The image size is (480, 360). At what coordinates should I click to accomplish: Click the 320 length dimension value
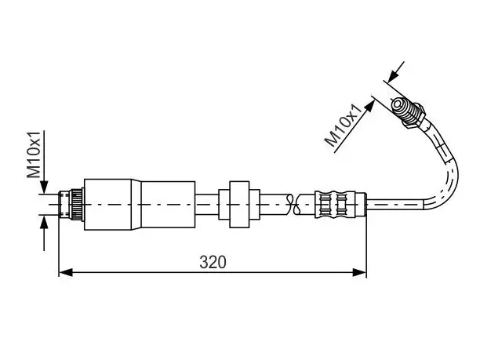click(213, 262)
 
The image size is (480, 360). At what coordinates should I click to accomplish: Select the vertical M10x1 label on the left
click(34, 155)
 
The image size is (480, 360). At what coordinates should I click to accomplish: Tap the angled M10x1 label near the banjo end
click(346, 125)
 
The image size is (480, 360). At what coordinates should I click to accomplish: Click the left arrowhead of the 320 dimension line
click(66, 272)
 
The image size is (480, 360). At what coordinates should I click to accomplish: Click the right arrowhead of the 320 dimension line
click(359, 272)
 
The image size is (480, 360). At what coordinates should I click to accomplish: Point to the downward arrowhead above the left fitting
click(44, 187)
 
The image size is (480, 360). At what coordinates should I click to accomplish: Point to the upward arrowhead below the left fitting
click(44, 222)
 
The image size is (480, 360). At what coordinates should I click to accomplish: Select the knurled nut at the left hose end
click(77, 204)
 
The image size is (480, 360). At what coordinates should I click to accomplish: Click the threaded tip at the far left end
click(64, 204)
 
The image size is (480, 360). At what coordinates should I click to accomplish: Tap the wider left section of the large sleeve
click(107, 205)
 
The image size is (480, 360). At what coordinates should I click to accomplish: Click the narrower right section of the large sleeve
click(168, 205)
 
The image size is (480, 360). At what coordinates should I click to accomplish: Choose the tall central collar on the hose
click(239, 205)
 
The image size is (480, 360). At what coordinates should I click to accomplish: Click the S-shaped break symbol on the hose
click(292, 204)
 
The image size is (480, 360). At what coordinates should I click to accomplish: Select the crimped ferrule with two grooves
click(335, 204)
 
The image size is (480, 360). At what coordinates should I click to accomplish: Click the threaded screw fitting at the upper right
click(409, 112)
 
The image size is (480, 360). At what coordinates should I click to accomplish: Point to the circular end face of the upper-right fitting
click(397, 105)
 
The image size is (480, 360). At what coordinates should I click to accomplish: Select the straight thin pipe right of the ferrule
click(395, 204)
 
